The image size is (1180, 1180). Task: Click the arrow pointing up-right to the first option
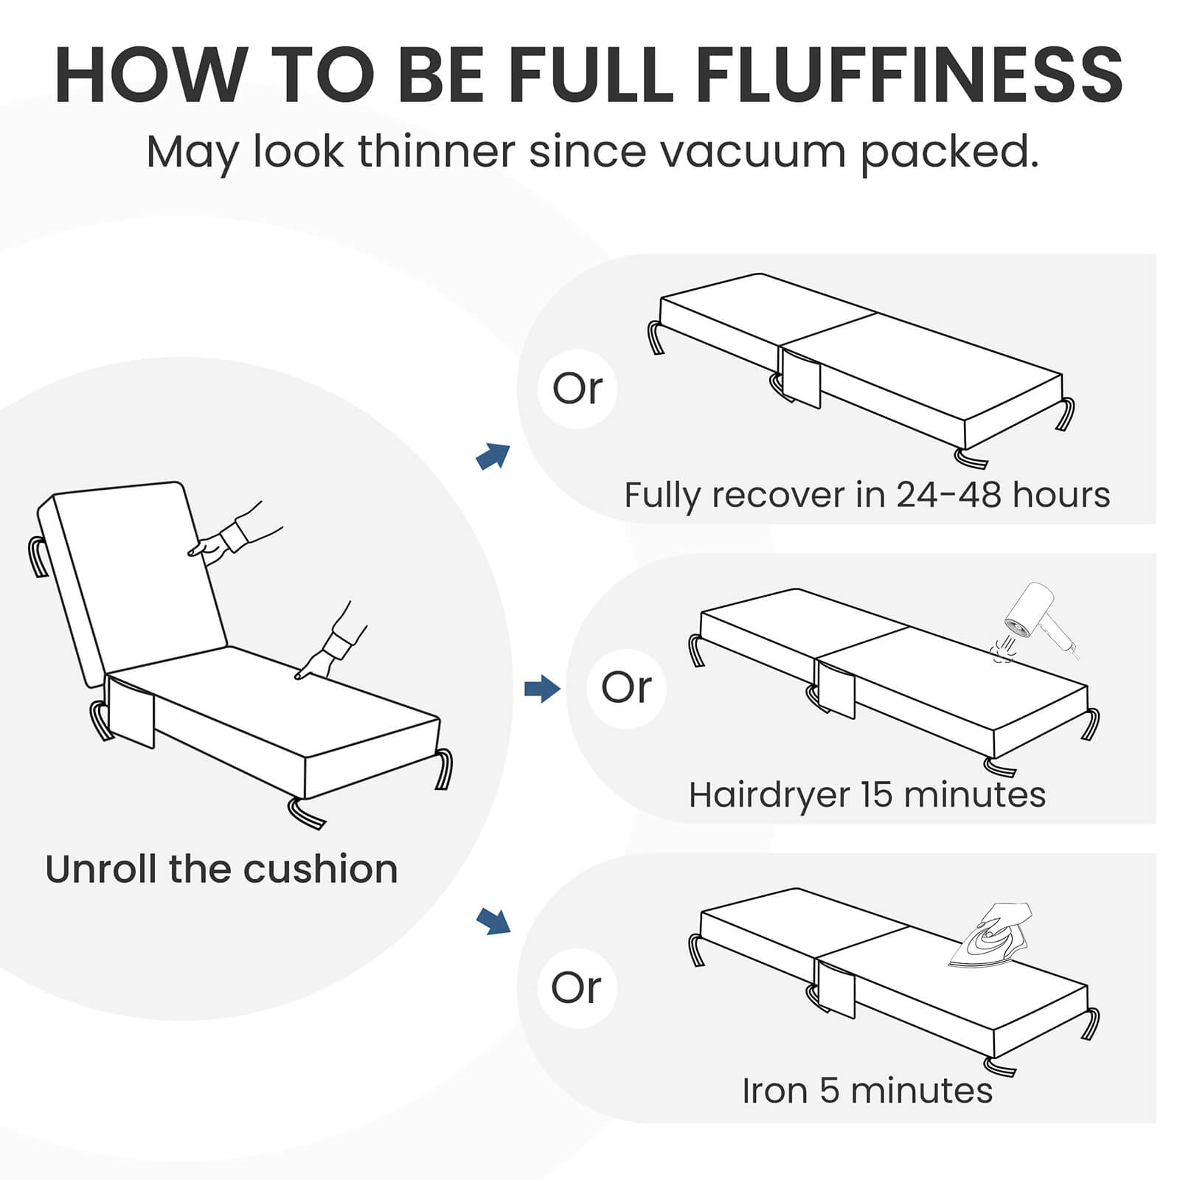click(x=493, y=457)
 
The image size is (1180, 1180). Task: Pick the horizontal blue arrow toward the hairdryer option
click(x=542, y=690)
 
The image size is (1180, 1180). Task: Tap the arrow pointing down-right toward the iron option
click(x=493, y=921)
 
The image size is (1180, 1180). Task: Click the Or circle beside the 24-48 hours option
click(x=577, y=389)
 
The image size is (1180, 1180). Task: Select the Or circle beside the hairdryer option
click(x=626, y=688)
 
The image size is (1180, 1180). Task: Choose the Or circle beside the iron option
click(x=577, y=988)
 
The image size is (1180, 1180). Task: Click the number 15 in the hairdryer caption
click(x=877, y=795)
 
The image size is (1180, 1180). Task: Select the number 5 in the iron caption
click(x=830, y=1091)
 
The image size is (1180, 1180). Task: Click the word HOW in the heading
click(x=150, y=75)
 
